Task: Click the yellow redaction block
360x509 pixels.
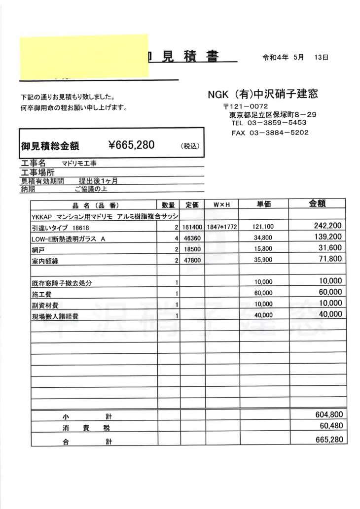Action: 83,57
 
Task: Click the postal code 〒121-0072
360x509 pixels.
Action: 245,106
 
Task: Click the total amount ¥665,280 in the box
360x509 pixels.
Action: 131,144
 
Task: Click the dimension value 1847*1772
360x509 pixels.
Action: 219,228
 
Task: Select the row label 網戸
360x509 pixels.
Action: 36,250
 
